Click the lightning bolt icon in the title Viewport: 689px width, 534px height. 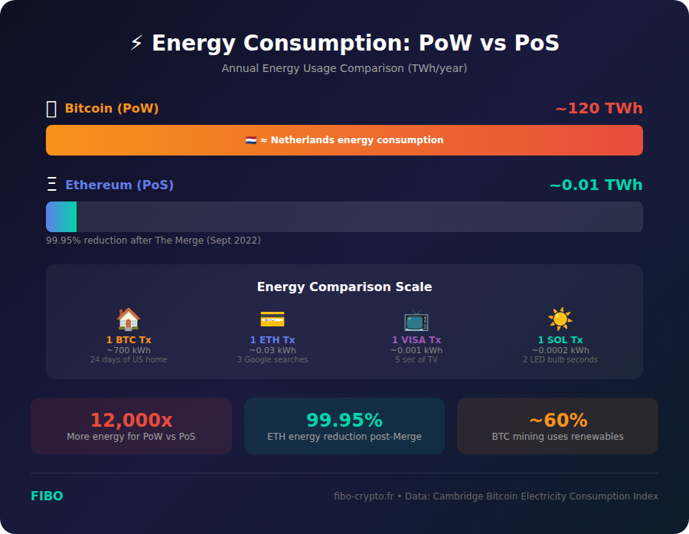[x=136, y=44]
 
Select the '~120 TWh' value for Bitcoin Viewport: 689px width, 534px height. [x=599, y=109]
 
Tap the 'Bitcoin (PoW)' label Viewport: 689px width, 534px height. [x=112, y=109]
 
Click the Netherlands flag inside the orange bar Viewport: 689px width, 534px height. [x=251, y=140]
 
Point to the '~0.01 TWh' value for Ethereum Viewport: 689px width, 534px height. [x=596, y=185]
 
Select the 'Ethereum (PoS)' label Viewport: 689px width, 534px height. [x=119, y=185]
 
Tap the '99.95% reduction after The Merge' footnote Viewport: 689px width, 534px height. [x=153, y=241]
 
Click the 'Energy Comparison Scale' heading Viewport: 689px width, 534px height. [x=344, y=287]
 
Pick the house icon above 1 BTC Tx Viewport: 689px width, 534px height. [x=129, y=319]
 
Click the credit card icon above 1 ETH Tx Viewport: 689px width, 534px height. [x=273, y=319]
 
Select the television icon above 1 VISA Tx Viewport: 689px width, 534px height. [x=416, y=319]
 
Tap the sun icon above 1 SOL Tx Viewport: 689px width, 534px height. [x=560, y=319]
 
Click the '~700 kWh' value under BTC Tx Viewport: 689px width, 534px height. [x=129, y=351]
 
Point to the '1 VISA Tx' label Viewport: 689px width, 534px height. [x=416, y=340]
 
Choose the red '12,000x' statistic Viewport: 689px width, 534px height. [x=131, y=420]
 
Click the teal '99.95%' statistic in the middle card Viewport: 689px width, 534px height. [x=344, y=420]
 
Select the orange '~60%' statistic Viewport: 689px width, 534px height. [x=557, y=420]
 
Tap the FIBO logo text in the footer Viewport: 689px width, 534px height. [x=47, y=496]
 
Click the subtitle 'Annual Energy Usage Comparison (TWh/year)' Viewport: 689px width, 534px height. [x=344, y=68]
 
